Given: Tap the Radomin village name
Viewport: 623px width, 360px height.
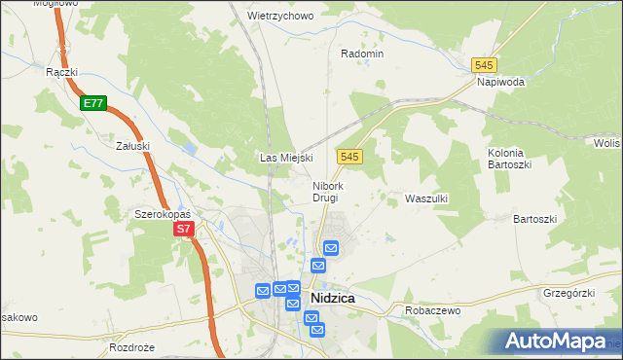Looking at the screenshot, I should [362, 54].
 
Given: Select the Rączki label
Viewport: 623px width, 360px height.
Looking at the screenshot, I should [61, 71].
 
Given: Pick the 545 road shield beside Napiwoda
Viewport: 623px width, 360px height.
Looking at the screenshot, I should [484, 64].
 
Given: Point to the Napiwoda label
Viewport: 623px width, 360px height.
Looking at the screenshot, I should [501, 83].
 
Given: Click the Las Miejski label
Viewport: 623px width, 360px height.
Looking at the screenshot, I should [285, 158].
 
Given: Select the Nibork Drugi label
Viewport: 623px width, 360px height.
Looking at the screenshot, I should [325, 192].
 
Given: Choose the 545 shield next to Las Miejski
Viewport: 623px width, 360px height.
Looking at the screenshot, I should [351, 157].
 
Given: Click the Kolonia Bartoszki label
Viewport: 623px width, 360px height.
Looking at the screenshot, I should [506, 159].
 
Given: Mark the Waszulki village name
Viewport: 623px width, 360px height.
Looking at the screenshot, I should [425, 198].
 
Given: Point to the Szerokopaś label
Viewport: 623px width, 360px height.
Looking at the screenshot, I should [162, 213].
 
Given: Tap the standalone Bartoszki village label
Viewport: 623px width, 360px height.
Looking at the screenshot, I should [534, 220].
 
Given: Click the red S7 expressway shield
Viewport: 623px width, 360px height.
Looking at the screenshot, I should [185, 230].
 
